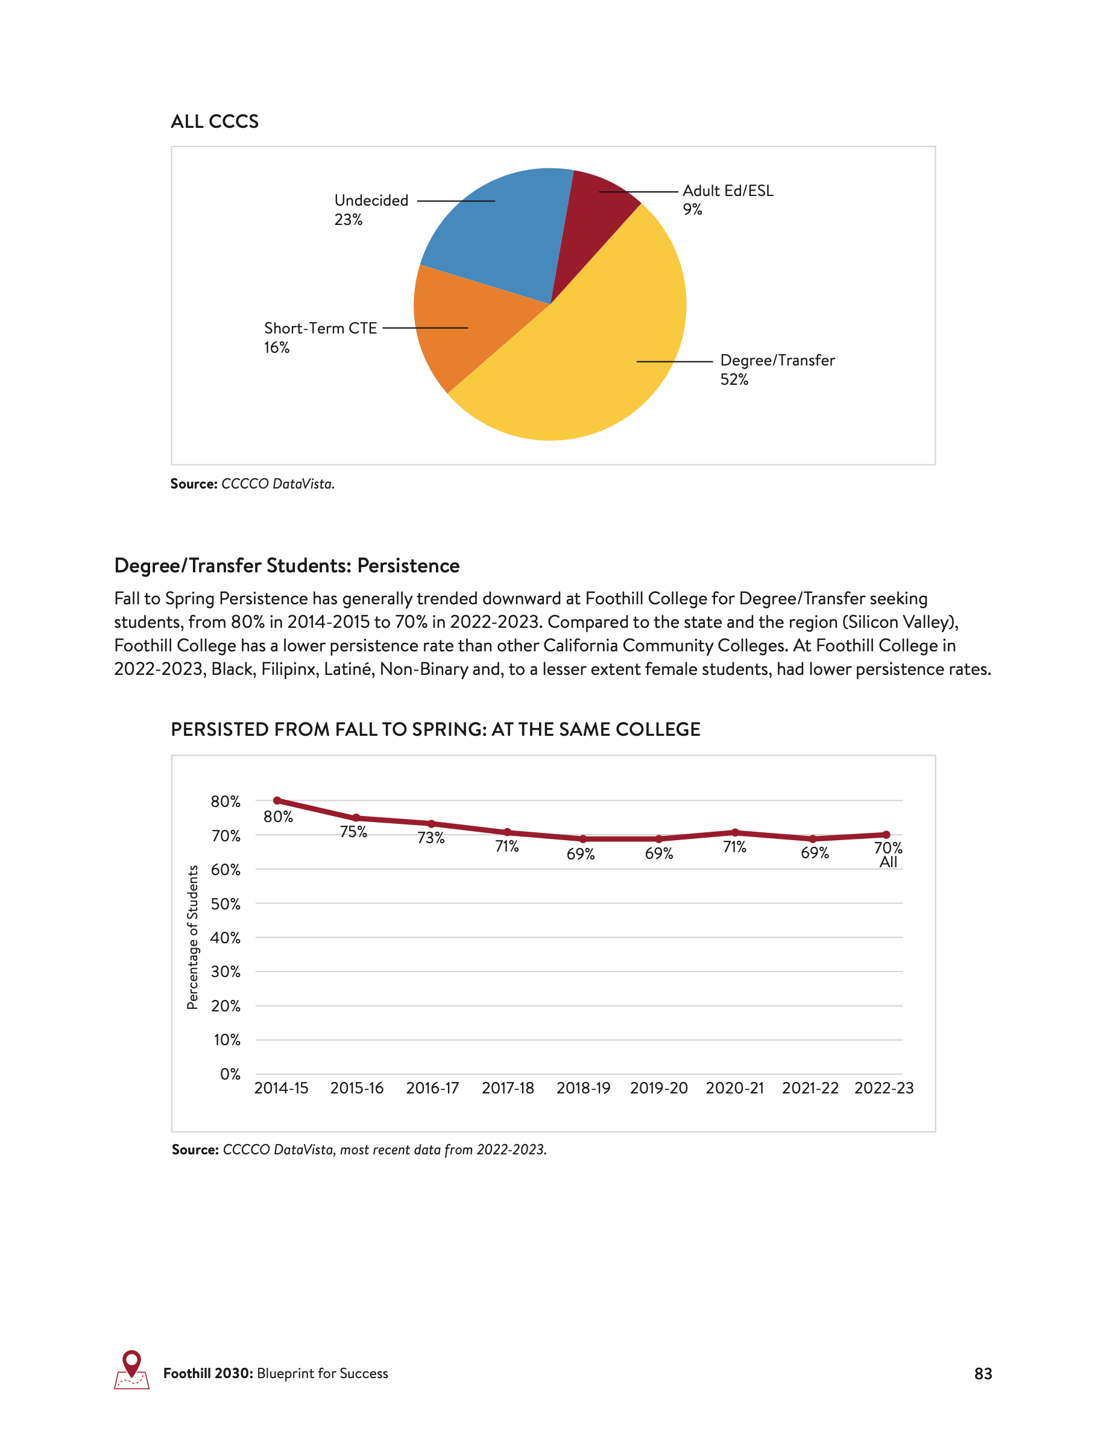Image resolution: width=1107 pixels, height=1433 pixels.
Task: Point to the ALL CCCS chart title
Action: pos(215,121)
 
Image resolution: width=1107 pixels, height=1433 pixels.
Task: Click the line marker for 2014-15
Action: pos(277,800)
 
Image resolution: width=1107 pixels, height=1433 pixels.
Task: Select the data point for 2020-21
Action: pos(735,833)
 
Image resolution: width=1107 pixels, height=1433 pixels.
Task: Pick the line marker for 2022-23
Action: pos(886,835)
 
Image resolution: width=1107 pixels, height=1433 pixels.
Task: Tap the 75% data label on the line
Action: pos(353,832)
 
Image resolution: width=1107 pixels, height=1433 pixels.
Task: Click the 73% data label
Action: pos(431,838)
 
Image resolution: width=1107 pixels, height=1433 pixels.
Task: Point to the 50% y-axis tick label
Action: pos(225,904)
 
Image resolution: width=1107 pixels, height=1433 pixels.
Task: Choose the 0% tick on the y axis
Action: pos(230,1074)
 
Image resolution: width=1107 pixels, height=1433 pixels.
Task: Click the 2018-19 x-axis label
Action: pos(583,1089)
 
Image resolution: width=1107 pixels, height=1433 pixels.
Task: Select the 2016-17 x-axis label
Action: pos(432,1089)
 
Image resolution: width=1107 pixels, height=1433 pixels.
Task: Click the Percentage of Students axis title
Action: pos(192,937)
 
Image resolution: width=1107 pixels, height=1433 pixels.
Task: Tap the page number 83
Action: pos(982,1374)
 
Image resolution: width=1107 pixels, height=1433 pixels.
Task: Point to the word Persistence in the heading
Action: pos(408,566)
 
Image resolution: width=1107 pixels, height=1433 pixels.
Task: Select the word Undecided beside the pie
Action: pos(371,200)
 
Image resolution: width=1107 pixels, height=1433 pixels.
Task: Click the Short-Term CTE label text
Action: pos(320,328)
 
